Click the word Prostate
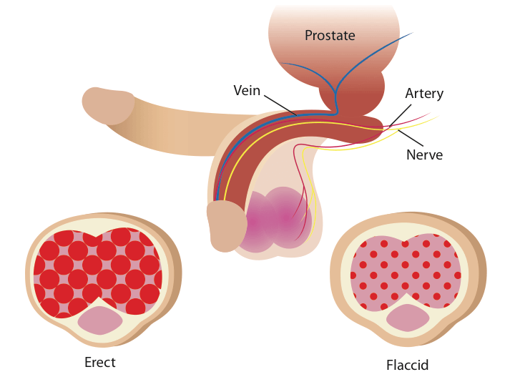330,35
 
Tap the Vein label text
246,91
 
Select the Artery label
424,94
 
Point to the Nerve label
424,155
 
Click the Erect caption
99,362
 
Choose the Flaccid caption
407,365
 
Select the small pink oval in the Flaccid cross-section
408,318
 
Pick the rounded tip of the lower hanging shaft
226,225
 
